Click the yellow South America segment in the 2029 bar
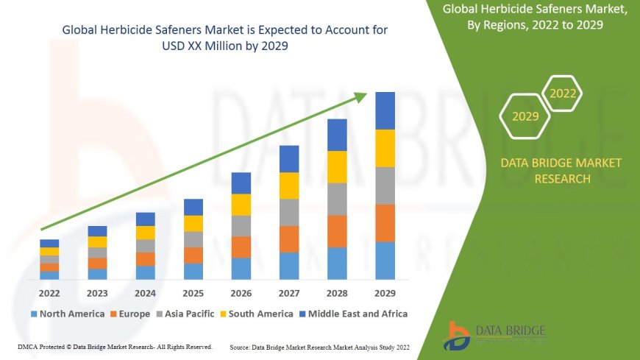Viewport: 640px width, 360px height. [x=385, y=148]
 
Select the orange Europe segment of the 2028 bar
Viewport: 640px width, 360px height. [x=337, y=231]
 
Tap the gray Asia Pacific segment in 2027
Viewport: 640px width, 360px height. [x=289, y=212]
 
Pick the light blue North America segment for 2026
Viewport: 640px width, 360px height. [x=241, y=268]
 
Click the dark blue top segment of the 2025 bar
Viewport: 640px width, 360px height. [x=193, y=207]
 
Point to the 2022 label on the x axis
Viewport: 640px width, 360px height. [x=49, y=292]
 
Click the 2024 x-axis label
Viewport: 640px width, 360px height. [x=146, y=292]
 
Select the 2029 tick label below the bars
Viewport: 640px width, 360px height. [x=385, y=292]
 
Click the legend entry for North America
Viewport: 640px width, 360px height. [x=67, y=314]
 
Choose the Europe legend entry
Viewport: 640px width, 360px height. [x=132, y=314]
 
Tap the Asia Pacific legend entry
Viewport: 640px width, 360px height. [x=184, y=314]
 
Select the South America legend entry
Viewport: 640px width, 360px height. [x=255, y=314]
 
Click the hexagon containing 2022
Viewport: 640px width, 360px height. [x=563, y=93]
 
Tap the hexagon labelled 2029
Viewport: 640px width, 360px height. [x=525, y=116]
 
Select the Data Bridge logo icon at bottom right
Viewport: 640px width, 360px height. [x=458, y=336]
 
